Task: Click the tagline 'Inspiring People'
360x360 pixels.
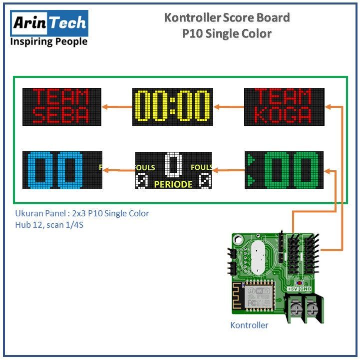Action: [x=49, y=41]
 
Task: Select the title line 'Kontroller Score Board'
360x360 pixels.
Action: [x=227, y=18]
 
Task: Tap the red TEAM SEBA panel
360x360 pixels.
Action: [x=62, y=106]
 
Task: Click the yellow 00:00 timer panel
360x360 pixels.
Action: [x=172, y=106]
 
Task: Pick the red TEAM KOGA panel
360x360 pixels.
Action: [x=284, y=106]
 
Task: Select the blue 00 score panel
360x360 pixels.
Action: [x=62, y=170]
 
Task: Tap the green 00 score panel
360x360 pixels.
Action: [x=284, y=170]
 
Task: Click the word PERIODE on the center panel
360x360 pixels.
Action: [x=173, y=184]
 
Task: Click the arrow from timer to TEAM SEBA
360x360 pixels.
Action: [x=117, y=106]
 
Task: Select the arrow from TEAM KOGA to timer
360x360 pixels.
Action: [x=228, y=106]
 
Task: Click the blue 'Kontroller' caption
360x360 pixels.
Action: [x=249, y=326]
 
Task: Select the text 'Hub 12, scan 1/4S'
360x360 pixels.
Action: [x=48, y=225]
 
